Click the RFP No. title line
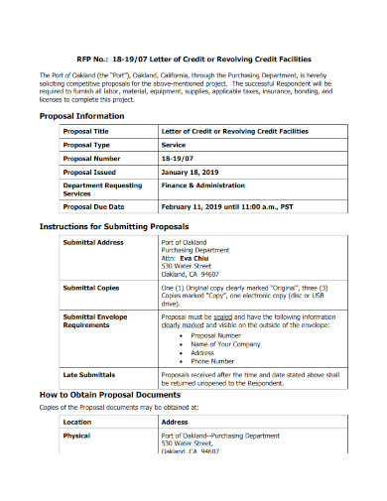193,60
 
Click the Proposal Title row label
86,131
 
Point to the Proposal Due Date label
93,206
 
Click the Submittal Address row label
93,242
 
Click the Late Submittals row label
89,375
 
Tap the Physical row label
76,436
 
